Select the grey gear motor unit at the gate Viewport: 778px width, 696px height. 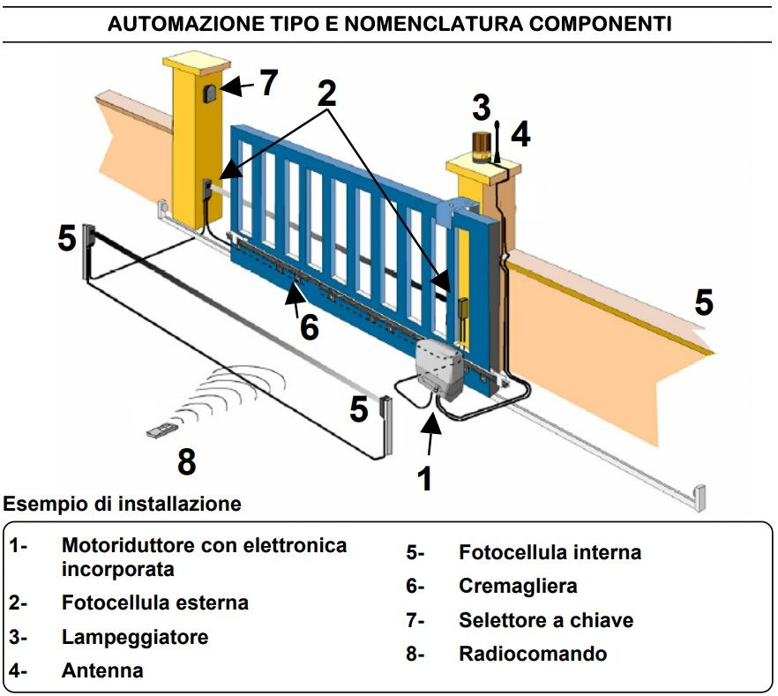(x=439, y=363)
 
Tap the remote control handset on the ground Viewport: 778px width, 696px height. (x=162, y=431)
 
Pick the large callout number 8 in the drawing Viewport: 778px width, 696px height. (x=186, y=461)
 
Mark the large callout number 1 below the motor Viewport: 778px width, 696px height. (x=425, y=477)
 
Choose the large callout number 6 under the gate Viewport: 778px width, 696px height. (x=308, y=326)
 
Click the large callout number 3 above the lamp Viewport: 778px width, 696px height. (x=481, y=108)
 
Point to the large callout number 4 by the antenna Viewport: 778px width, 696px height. (x=520, y=135)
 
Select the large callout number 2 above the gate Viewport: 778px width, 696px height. (x=327, y=94)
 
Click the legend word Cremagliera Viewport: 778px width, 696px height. (x=518, y=586)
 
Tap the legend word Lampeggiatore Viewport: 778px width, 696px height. (x=135, y=636)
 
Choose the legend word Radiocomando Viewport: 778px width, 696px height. (x=533, y=654)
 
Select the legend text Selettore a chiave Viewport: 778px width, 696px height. (x=546, y=620)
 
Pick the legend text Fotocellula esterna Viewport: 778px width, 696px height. (x=155, y=602)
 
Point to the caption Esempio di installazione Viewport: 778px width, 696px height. (x=122, y=505)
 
